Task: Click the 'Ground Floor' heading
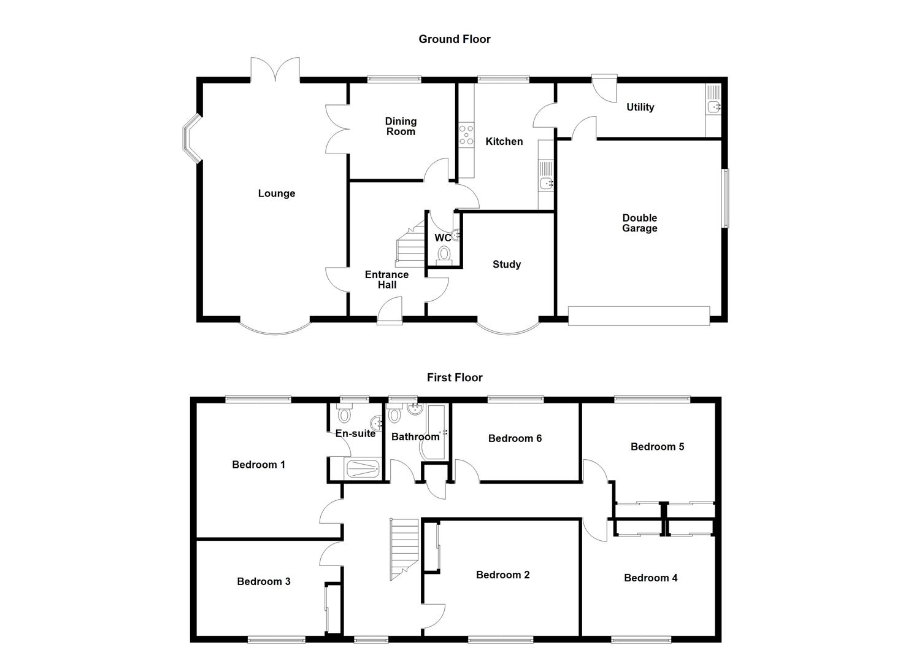[455, 39]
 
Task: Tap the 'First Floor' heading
[455, 378]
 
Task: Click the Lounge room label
[277, 193]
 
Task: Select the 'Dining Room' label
[401, 126]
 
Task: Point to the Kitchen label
[504, 142]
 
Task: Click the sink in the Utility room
[713, 107]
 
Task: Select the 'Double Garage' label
[640, 223]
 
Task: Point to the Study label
[507, 265]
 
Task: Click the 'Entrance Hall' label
[386, 280]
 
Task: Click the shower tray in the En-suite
[363, 469]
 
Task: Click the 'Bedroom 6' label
[515, 438]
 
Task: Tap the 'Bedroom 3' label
[264, 581]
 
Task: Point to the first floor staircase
[404, 548]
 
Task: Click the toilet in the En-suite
[345, 416]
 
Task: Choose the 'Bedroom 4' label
[650, 578]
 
